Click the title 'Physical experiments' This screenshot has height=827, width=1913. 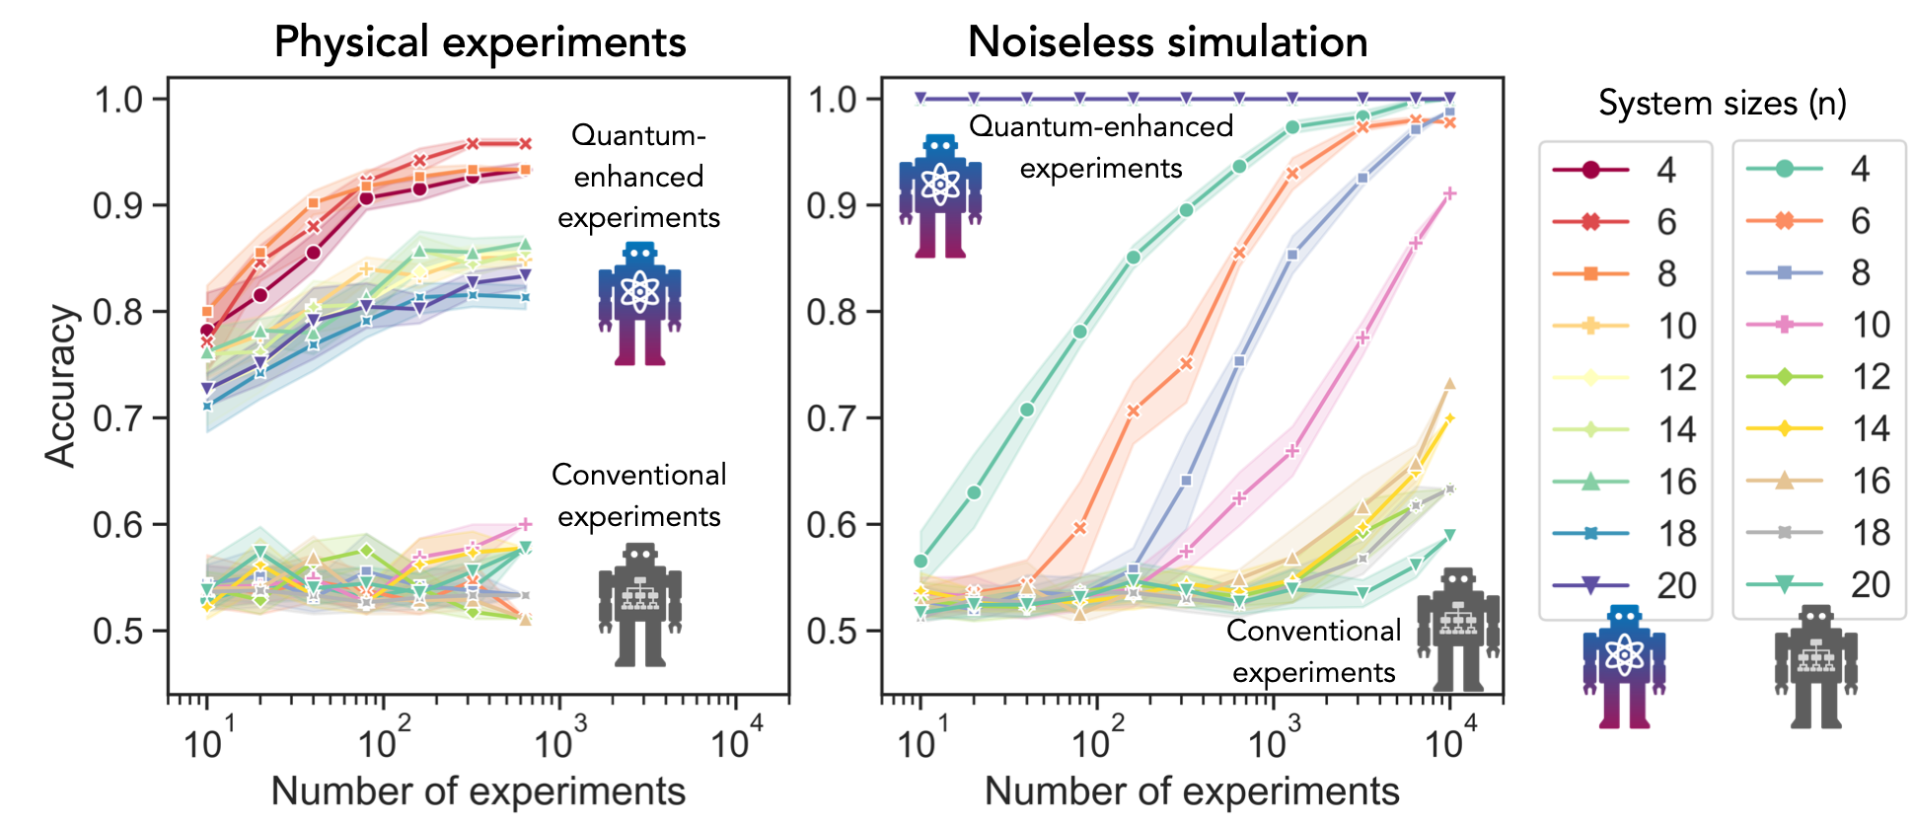(x=479, y=42)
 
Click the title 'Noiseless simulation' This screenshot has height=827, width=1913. (x=1167, y=42)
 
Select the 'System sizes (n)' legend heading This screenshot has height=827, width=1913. (x=1722, y=103)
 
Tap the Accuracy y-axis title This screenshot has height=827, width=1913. (x=61, y=385)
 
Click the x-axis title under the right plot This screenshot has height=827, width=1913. (x=1192, y=791)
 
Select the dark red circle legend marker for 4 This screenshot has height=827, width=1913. (x=1590, y=170)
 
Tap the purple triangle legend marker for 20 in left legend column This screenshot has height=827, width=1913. (x=1590, y=585)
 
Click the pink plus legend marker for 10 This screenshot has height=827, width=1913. (x=1784, y=325)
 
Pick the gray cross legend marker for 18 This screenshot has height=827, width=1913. (x=1784, y=533)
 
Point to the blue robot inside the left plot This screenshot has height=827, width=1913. (x=639, y=304)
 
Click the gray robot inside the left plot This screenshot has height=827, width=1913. (x=639, y=604)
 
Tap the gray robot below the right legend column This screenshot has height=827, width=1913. (x=1815, y=667)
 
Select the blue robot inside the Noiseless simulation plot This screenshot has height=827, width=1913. (x=939, y=196)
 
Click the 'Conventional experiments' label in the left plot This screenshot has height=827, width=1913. (x=638, y=495)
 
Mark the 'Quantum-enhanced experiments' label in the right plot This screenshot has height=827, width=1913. (x=1101, y=147)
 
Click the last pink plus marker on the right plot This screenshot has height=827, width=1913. (x=1449, y=194)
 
